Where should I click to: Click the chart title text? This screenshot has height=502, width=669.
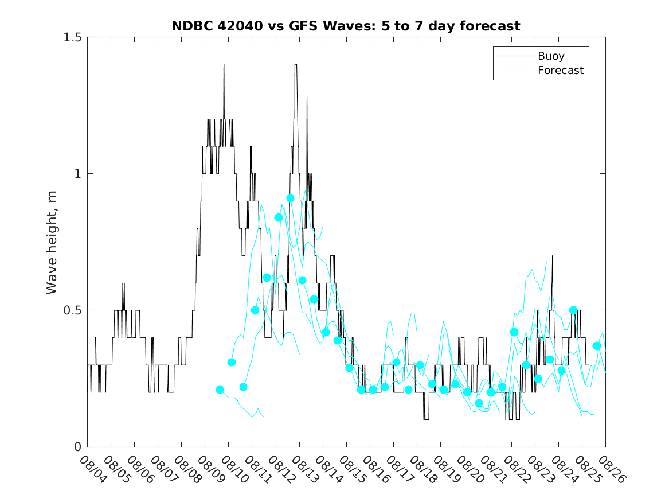(346, 26)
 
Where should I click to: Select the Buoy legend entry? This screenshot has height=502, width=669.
(550, 56)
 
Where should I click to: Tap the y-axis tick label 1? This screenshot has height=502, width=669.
(77, 174)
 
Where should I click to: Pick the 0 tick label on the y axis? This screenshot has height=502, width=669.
(77, 447)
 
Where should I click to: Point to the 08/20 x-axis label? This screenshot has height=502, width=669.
(467, 469)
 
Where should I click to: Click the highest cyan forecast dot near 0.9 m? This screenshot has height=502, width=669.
(291, 198)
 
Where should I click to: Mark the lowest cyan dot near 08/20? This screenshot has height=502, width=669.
(479, 403)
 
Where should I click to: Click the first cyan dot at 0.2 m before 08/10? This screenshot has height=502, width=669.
(220, 390)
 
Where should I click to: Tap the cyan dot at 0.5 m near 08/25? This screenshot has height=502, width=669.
(573, 310)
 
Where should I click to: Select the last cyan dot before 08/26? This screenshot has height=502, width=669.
(597, 346)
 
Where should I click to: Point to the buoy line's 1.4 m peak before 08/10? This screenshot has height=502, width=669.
(224, 65)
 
